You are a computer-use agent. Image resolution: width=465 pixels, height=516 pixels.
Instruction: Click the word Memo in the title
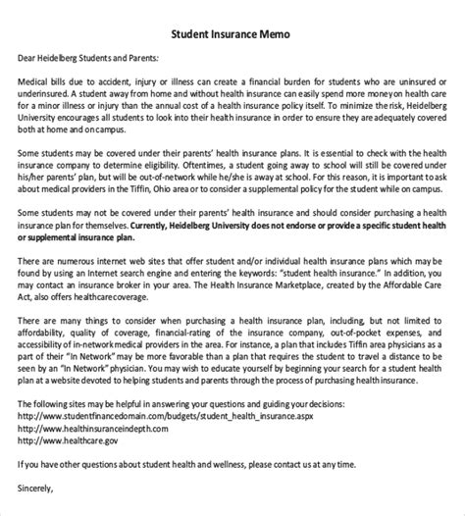(x=273, y=35)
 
